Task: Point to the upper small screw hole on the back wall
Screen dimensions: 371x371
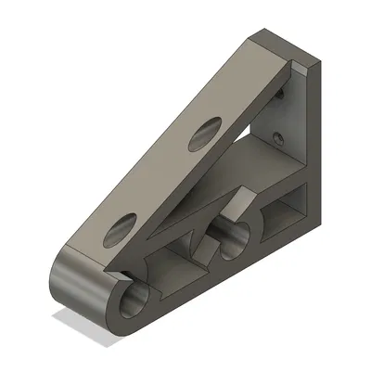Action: click(x=280, y=94)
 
